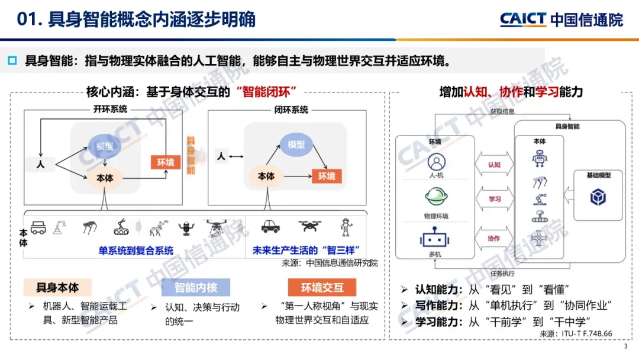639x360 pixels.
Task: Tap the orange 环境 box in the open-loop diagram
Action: [x=165, y=162]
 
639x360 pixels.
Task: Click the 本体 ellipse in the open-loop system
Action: [x=105, y=178]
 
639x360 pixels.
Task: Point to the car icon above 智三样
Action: [x=270, y=226]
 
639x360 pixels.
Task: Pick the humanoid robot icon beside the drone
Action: [x=345, y=227]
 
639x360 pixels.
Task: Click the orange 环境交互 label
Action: [x=322, y=288]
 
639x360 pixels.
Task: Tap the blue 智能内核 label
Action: [x=195, y=288]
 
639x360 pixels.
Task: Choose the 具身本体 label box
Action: [x=57, y=288]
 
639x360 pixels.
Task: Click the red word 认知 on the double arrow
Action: [x=494, y=165]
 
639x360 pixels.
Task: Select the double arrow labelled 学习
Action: [x=494, y=200]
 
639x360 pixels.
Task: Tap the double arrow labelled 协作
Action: [x=494, y=238]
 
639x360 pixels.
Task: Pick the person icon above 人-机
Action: [x=436, y=161]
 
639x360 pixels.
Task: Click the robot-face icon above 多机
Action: [x=436, y=239]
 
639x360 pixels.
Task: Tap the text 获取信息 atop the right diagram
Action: [x=502, y=111]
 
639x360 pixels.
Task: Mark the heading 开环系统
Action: [x=110, y=110]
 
